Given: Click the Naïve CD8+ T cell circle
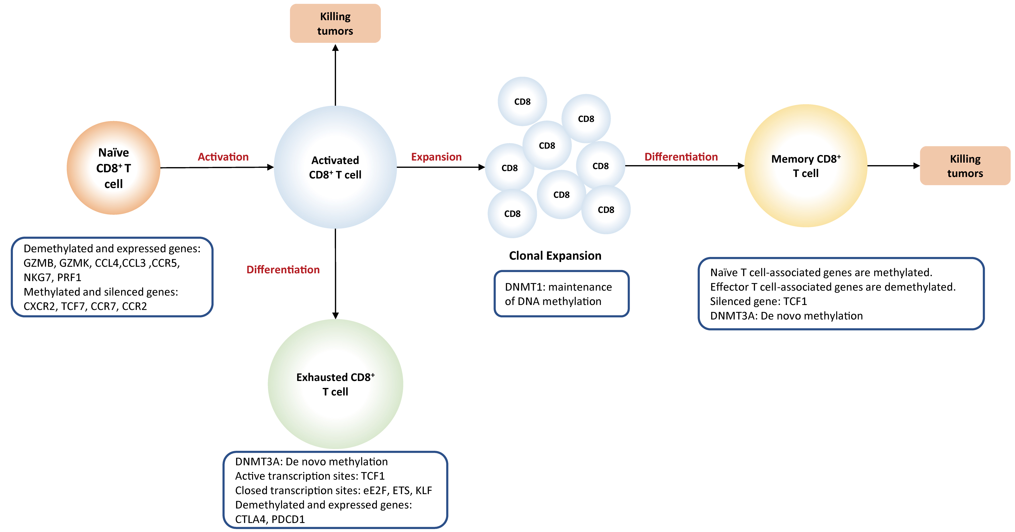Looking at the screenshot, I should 113,168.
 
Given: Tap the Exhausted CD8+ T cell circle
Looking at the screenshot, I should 335,384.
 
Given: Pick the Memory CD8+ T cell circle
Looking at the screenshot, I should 806,166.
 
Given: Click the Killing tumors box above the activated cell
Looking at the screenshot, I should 335,24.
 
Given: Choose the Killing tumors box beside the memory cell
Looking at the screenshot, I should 965,166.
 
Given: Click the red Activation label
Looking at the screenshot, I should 223,157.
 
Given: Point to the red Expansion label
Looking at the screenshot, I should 436,157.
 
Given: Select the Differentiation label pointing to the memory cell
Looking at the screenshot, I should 681,157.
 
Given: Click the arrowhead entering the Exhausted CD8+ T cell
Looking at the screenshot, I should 335,315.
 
